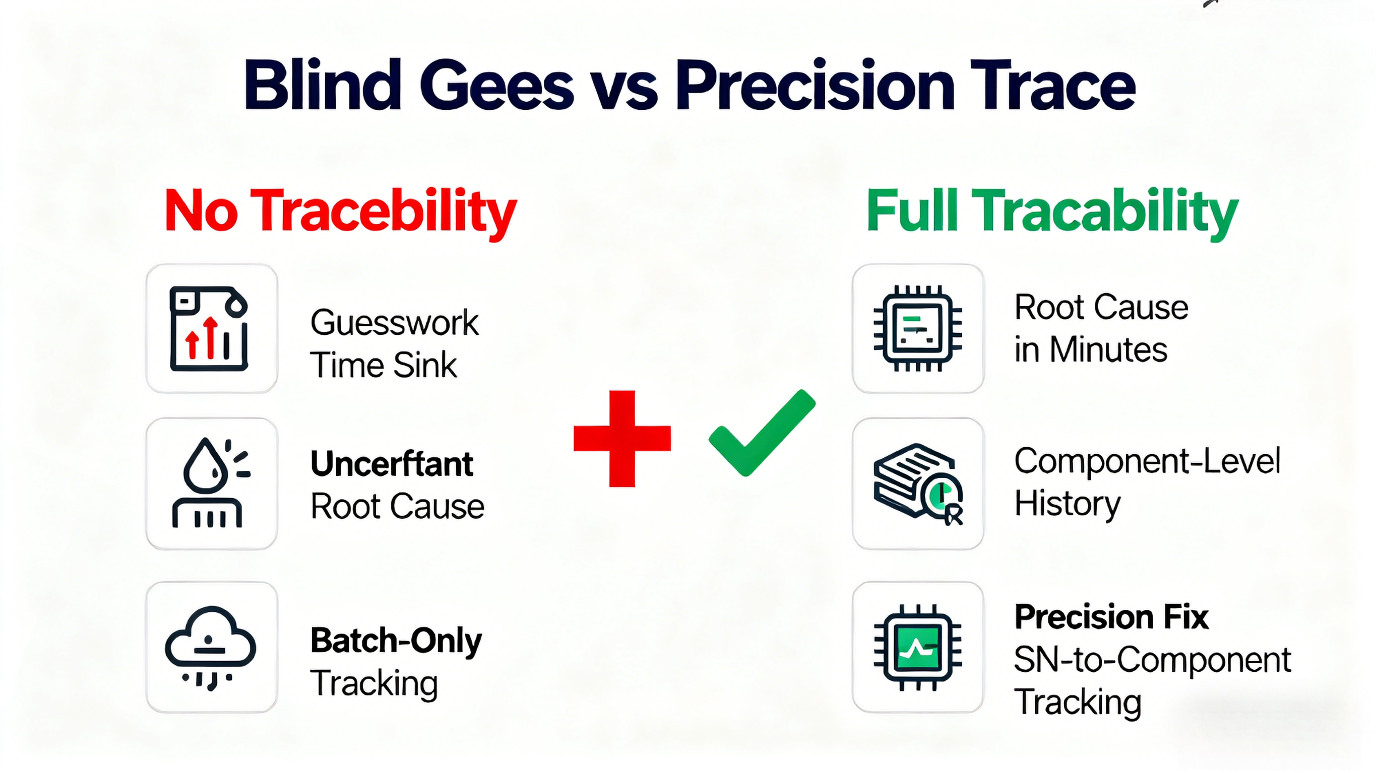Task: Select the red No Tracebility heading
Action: pos(341,212)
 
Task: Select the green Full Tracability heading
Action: pos(1052,212)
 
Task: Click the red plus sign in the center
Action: pos(622,439)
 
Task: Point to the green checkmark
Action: pos(762,433)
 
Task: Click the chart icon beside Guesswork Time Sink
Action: pos(209,329)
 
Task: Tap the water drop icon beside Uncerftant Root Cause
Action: pos(211,483)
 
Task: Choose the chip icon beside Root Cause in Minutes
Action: pos(918,328)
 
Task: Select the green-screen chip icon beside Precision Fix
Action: pos(918,647)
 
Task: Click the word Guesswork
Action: pos(394,323)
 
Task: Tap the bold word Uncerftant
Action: pos(392,463)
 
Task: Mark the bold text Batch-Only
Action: pos(396,641)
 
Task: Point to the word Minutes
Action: pos(1108,349)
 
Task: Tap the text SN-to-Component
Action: pos(1152,661)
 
